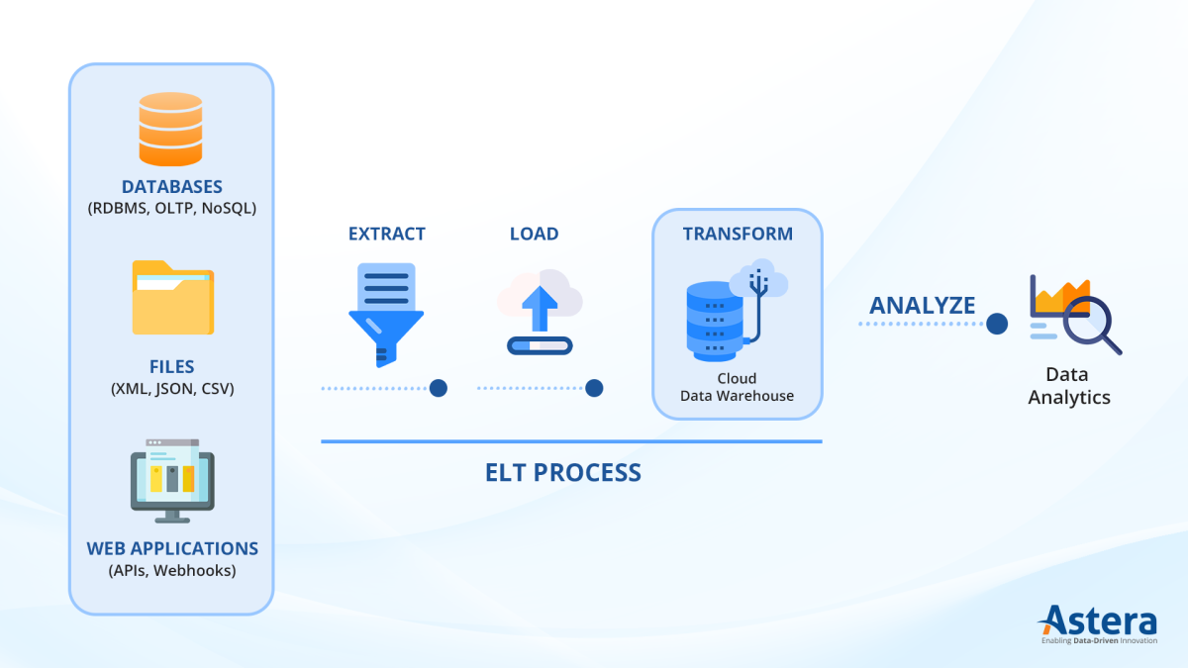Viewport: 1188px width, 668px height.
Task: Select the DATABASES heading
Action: coord(171,187)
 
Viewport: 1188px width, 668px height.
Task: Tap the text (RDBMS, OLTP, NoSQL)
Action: coord(171,209)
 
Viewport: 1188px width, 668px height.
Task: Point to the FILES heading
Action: coord(172,367)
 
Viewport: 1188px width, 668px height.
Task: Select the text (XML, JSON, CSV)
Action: coord(172,389)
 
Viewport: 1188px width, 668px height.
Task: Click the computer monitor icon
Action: coord(172,481)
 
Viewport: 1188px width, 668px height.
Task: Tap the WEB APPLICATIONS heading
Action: coord(172,548)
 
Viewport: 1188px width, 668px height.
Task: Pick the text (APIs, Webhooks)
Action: coord(172,570)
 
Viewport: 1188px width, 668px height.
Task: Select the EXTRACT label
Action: coord(386,235)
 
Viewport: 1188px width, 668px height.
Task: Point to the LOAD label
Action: coord(534,235)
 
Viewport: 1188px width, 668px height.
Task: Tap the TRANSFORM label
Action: coord(738,235)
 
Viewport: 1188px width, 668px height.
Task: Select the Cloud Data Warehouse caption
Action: coord(738,387)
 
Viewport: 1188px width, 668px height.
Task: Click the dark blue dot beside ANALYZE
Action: coord(997,324)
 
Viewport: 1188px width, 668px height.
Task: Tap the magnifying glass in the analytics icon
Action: coord(1089,321)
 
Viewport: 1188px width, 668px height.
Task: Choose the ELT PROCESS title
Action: coord(563,473)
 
